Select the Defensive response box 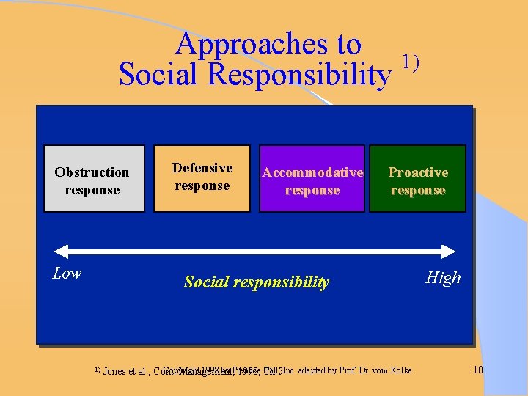coord(202,178)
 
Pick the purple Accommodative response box coord(312,180)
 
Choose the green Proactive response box coord(417,180)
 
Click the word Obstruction coord(92,172)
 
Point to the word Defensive coord(202,168)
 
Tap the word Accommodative coord(312,172)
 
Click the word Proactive coord(418,172)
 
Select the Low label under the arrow coord(67,274)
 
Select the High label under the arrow coord(444,277)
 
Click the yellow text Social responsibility coord(257,282)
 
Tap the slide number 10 coord(478,370)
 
